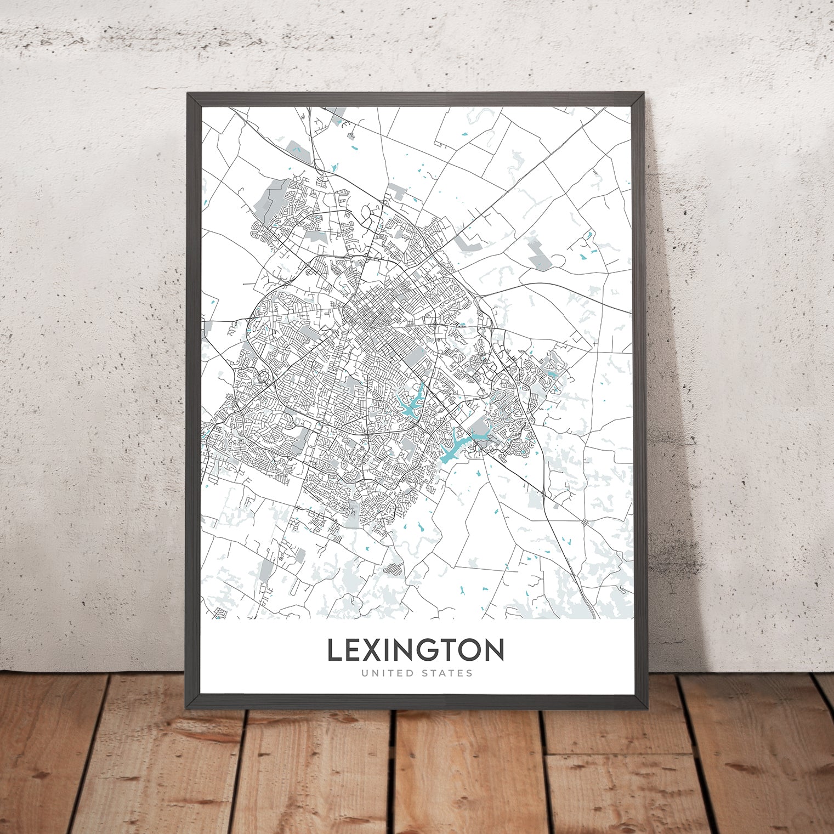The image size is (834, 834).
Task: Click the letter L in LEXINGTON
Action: (335, 650)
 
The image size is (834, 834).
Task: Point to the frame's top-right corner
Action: (645, 94)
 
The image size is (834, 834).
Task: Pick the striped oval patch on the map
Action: (393, 569)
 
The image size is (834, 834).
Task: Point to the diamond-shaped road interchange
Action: (585, 521)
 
